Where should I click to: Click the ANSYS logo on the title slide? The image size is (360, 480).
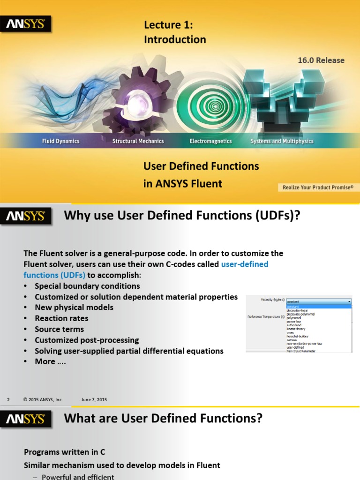click(x=25, y=24)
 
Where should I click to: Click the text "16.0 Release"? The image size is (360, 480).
click(x=321, y=60)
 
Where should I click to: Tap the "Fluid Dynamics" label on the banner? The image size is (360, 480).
click(x=61, y=141)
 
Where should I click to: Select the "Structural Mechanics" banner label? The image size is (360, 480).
click(x=138, y=141)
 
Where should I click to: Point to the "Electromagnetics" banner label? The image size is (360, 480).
click(x=210, y=141)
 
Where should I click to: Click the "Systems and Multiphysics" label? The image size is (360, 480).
click(x=282, y=141)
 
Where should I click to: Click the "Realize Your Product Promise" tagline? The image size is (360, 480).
click(x=317, y=187)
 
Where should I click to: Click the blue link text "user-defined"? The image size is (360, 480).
click(x=244, y=264)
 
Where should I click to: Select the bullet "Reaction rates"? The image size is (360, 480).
click(x=61, y=318)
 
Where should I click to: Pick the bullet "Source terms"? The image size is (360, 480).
click(x=59, y=329)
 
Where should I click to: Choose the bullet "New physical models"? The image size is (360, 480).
click(x=74, y=307)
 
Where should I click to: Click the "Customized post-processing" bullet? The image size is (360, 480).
click(x=87, y=340)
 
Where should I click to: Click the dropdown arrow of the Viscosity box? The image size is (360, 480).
click(x=348, y=301)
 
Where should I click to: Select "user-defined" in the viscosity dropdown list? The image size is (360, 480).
click(x=295, y=347)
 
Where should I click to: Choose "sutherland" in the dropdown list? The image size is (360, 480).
click(x=294, y=324)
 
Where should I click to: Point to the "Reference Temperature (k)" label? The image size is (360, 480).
click(x=266, y=317)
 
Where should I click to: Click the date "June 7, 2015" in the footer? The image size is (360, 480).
click(x=94, y=399)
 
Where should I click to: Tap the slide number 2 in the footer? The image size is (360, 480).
click(x=8, y=399)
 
